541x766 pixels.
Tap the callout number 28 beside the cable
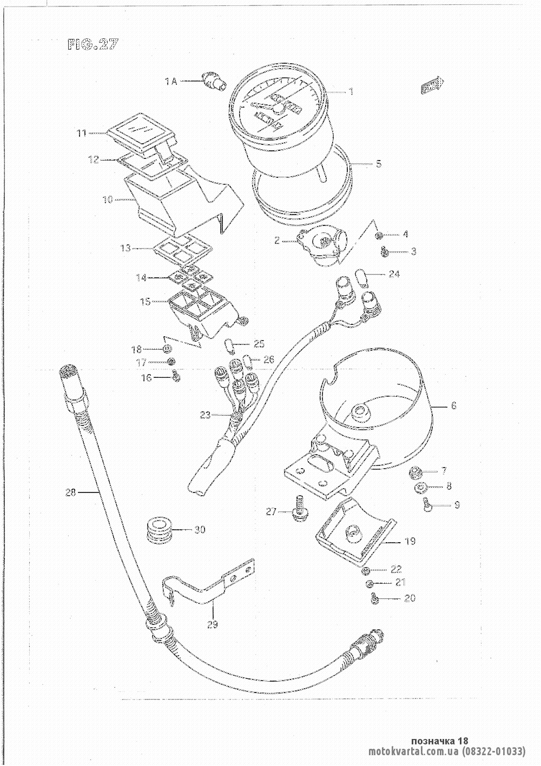pyautogui.click(x=71, y=492)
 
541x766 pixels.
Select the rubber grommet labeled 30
pyautogui.click(x=157, y=530)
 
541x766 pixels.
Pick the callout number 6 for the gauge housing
pyautogui.click(x=453, y=405)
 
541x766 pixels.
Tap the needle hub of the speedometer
pyautogui.click(x=279, y=109)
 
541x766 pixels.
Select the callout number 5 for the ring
pyautogui.click(x=379, y=163)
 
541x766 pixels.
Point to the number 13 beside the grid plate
pyautogui.click(x=126, y=248)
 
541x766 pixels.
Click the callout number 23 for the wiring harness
pyautogui.click(x=205, y=415)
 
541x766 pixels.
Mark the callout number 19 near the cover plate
pyautogui.click(x=410, y=541)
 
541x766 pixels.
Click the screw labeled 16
pyautogui.click(x=175, y=376)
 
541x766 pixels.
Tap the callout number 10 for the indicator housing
pyautogui.click(x=107, y=199)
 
